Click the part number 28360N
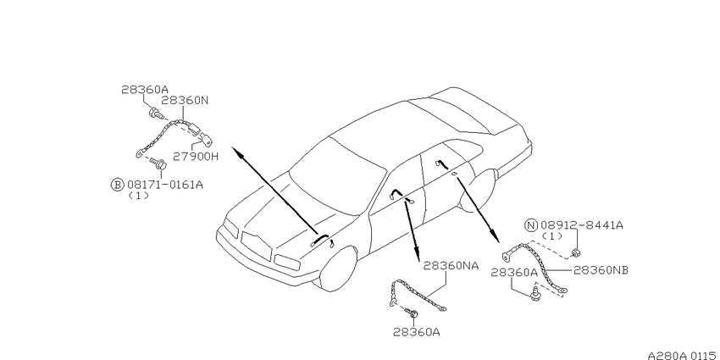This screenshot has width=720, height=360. (x=185, y=101)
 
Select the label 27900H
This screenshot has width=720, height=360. (x=196, y=157)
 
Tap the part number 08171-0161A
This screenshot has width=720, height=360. (x=165, y=185)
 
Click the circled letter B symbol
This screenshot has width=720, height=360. (x=118, y=185)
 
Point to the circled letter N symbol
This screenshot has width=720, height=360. (x=531, y=225)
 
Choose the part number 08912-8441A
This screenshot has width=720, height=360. (x=582, y=225)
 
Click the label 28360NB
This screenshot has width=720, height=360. (x=601, y=270)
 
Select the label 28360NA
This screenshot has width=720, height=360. (x=451, y=265)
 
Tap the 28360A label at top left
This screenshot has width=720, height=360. (x=144, y=90)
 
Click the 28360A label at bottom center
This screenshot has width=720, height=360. (x=416, y=332)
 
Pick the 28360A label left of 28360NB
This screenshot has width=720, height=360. (x=514, y=273)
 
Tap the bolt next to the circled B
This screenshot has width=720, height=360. (x=159, y=163)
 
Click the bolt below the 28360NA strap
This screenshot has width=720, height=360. (x=412, y=313)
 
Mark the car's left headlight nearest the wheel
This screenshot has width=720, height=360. (x=287, y=263)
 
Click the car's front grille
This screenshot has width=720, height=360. (x=256, y=247)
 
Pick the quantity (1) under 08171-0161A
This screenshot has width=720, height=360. (x=138, y=196)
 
